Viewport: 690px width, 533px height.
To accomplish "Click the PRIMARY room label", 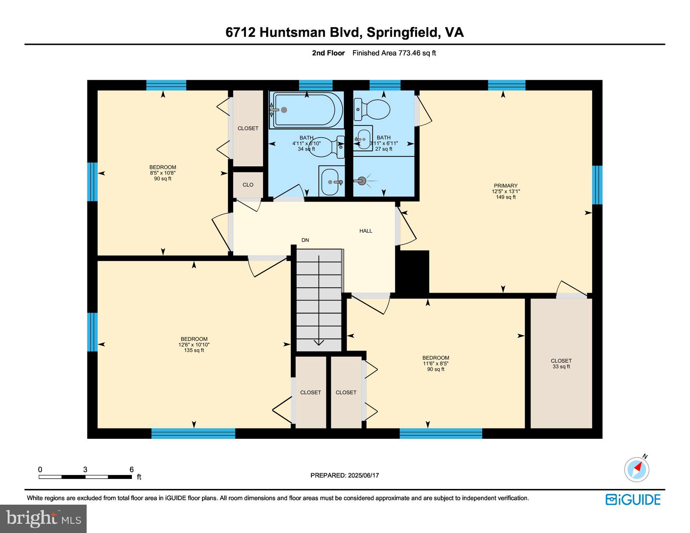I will tap(505, 185).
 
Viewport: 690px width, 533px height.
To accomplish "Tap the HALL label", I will tap(366, 231).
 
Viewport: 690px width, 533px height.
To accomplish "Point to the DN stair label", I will tap(305, 240).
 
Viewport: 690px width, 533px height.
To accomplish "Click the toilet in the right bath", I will tap(374, 109).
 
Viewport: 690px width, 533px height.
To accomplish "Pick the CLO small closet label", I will tap(248, 185).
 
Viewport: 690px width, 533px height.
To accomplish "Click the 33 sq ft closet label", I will tap(561, 367).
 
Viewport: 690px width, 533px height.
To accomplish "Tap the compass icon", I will tap(637, 469).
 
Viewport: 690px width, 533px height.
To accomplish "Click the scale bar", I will tap(85, 477).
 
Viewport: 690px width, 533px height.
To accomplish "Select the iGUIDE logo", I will tap(633, 500).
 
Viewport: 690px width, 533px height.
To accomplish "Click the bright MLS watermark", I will tap(43, 518).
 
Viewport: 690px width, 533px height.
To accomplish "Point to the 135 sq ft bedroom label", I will tap(194, 350).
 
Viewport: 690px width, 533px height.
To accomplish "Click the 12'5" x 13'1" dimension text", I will tap(506, 191).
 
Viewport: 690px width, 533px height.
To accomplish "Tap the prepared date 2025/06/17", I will tap(363, 475).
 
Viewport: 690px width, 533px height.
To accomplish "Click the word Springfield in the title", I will tap(402, 32).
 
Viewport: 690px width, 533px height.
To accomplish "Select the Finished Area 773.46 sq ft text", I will tap(394, 53).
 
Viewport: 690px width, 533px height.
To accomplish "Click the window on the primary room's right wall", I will tap(597, 185).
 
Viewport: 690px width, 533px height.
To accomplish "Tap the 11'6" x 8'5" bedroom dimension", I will tap(435, 364).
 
